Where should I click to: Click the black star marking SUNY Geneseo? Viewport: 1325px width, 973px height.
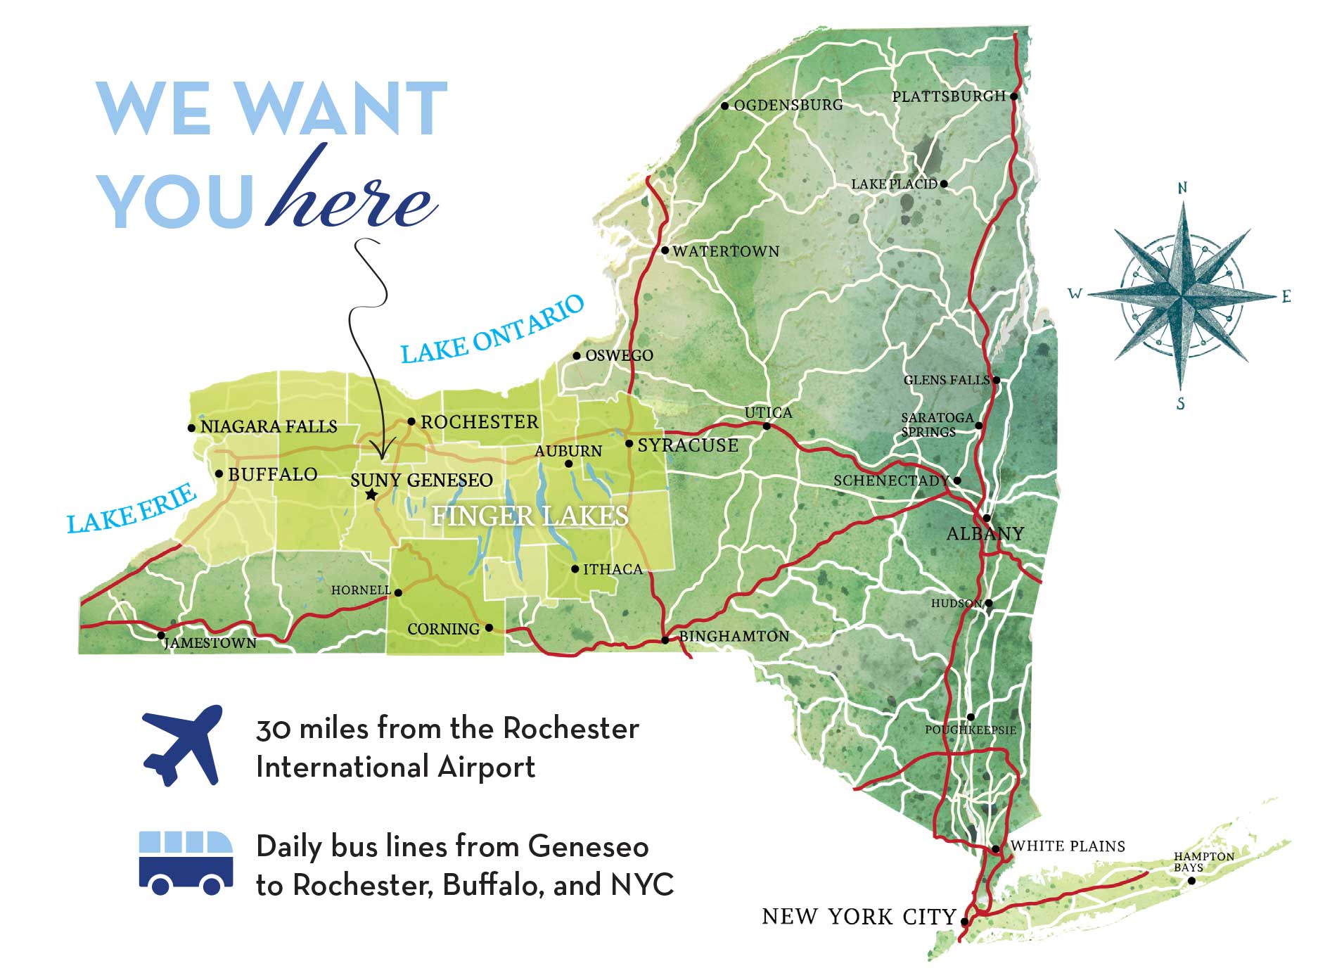371,495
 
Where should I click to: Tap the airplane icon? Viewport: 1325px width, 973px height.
183,744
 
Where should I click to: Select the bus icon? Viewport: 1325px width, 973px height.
186,862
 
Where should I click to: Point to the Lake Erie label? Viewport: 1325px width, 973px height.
132,509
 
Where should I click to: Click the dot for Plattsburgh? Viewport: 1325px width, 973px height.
1013,96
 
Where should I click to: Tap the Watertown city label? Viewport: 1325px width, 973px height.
726,251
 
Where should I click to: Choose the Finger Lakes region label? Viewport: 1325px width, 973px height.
530,516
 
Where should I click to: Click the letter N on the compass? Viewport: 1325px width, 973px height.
1182,188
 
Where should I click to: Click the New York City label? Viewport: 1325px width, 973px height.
859,917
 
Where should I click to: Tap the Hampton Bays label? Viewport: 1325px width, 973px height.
1203,862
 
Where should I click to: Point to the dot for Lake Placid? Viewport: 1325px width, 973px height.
944,184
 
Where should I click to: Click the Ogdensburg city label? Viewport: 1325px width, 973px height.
788,106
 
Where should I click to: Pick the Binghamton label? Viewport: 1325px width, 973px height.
734,636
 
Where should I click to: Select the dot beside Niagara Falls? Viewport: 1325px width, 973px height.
191,427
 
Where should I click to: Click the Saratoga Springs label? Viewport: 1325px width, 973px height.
936,424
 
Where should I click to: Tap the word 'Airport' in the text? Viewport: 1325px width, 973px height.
486,767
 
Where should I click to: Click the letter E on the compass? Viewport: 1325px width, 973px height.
1286,296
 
